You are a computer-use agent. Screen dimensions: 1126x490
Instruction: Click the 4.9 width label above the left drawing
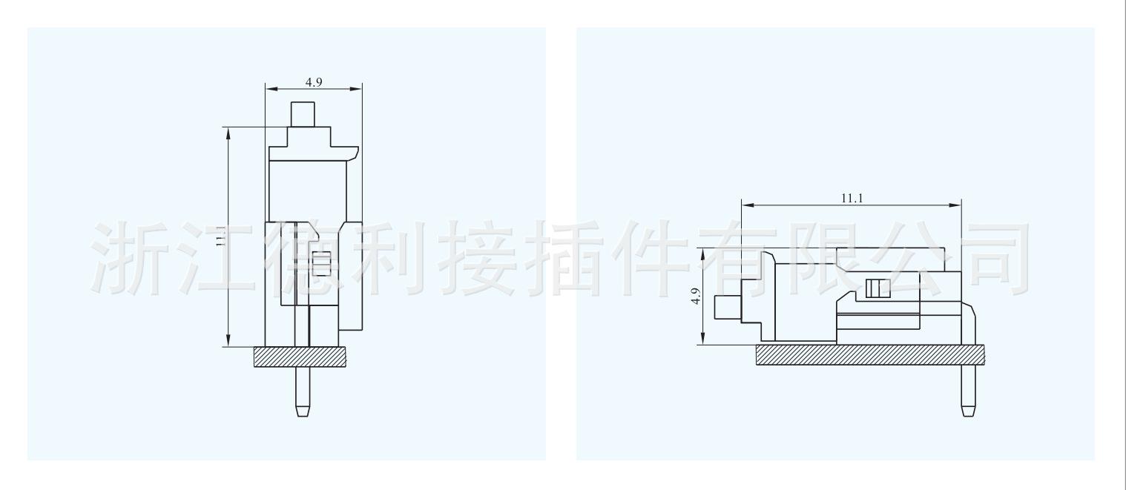313,82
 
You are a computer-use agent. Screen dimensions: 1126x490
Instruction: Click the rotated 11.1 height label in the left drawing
220,236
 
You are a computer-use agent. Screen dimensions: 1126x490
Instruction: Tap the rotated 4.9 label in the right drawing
695,296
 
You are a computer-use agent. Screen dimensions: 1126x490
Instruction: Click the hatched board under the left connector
300,357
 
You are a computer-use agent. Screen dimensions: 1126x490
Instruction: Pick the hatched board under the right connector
871,354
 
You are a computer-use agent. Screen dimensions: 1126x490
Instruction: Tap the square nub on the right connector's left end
725,307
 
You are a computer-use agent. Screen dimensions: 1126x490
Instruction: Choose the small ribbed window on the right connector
877,288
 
